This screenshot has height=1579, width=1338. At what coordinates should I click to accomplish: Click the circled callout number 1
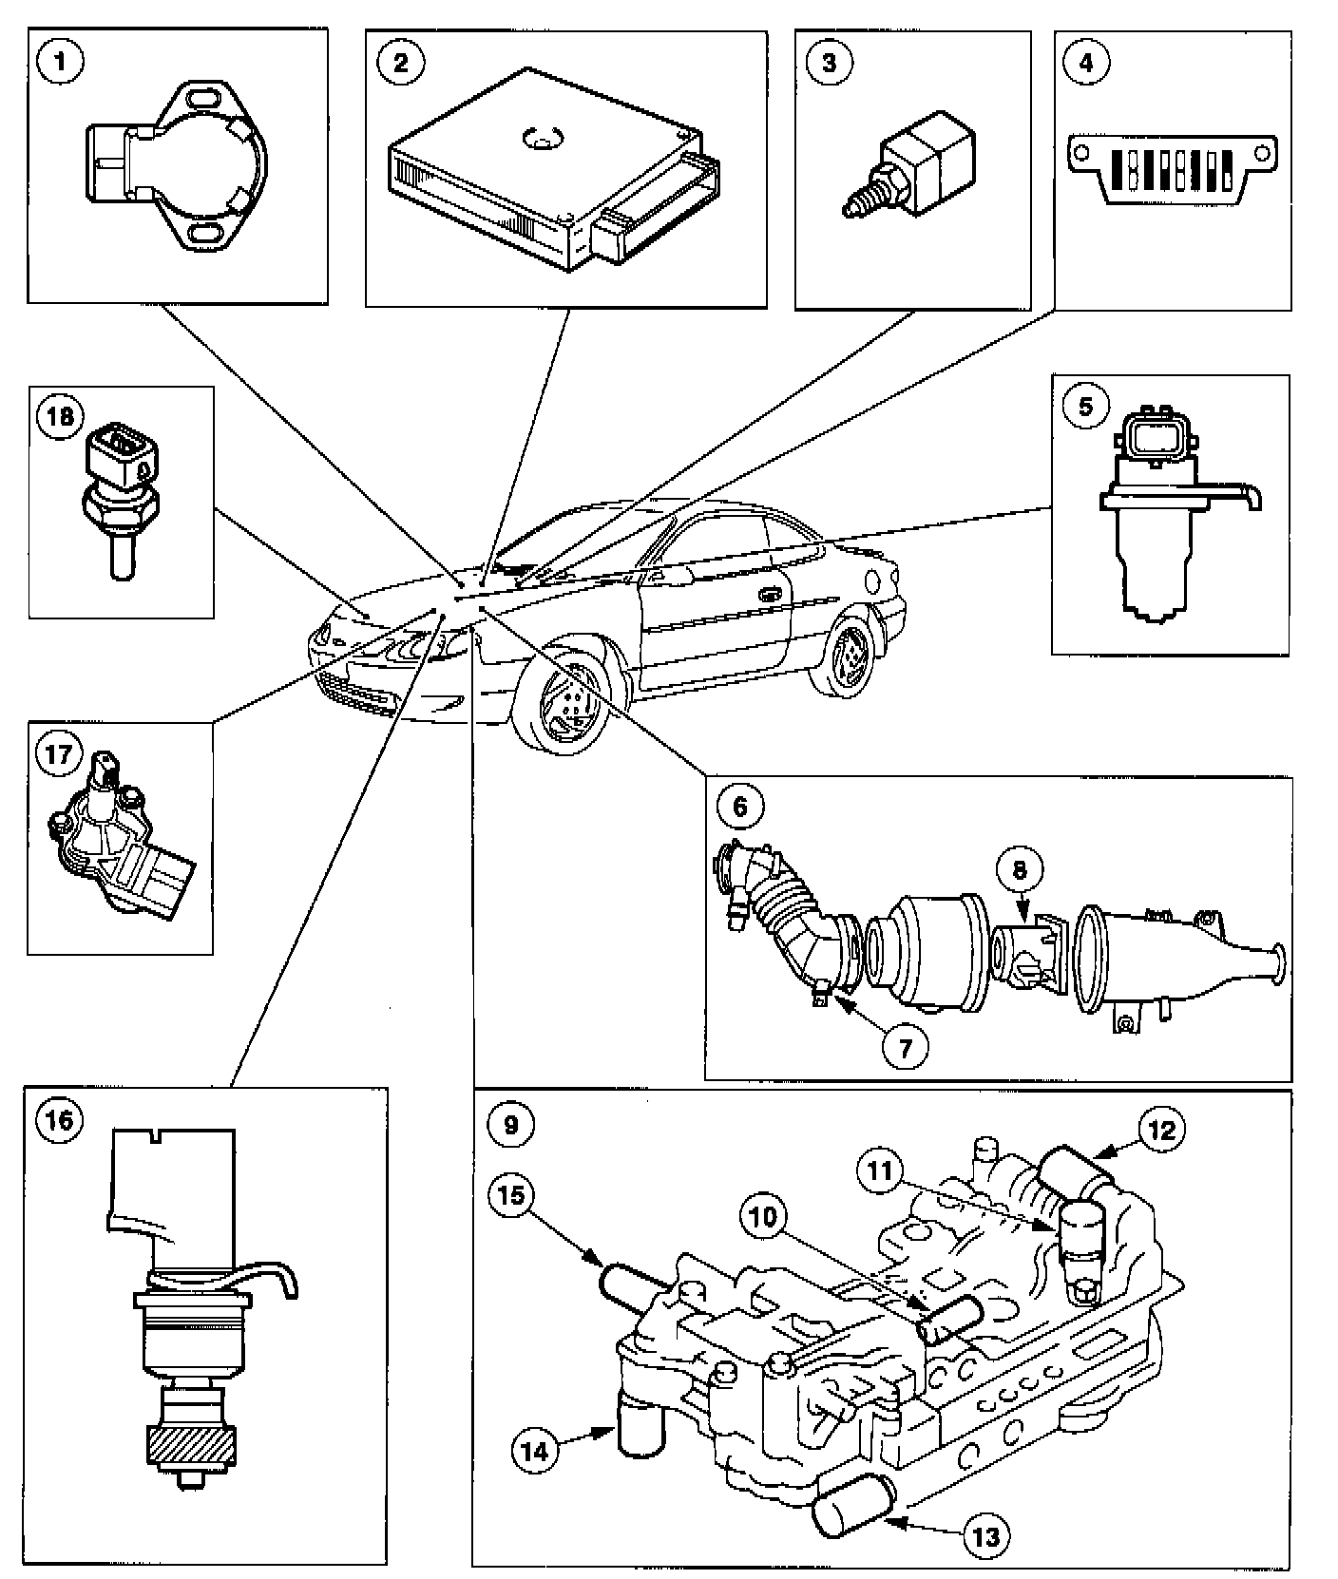tap(64, 64)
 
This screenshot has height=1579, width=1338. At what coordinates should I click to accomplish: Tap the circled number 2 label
tap(400, 64)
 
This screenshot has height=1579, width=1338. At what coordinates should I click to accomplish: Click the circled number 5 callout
tap(1084, 407)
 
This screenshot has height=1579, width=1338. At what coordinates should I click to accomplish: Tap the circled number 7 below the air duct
tap(904, 1047)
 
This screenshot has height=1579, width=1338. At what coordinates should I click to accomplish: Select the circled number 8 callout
tap(1018, 867)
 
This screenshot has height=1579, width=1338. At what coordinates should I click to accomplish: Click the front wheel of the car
tap(563, 699)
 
